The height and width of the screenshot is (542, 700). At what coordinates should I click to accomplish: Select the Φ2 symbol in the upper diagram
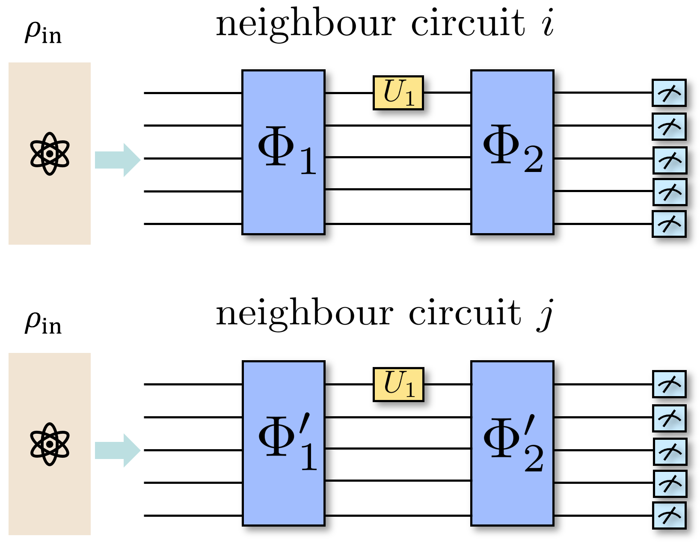point(513,149)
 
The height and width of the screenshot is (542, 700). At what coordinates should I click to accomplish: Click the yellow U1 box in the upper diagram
point(398,93)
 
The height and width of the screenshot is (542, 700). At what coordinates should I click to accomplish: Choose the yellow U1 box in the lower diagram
point(398,385)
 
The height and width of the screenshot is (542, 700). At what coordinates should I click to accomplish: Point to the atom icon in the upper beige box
point(50,154)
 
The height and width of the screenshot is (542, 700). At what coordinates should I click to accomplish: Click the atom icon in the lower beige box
point(50,444)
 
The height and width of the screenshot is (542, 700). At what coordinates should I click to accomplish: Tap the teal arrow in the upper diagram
point(118,160)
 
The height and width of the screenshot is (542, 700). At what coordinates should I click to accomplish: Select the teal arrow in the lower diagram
point(118,450)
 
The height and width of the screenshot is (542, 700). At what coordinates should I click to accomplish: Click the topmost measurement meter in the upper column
point(669,93)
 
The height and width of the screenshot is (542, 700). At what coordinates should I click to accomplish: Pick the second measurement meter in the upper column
point(669,127)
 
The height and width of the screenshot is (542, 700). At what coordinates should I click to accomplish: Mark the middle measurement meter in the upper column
point(670,160)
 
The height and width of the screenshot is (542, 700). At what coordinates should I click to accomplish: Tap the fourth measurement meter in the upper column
point(670,192)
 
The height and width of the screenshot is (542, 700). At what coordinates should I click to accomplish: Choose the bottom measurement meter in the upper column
point(669,224)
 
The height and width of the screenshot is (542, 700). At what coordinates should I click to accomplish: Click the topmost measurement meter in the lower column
point(669,384)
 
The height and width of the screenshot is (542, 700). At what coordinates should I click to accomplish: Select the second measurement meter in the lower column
point(669,418)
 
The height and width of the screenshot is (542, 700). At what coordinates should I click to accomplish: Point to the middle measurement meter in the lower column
point(670,452)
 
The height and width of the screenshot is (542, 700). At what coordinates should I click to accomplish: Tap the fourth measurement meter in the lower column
point(670,484)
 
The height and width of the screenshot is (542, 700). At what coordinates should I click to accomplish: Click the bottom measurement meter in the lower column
point(669,515)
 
